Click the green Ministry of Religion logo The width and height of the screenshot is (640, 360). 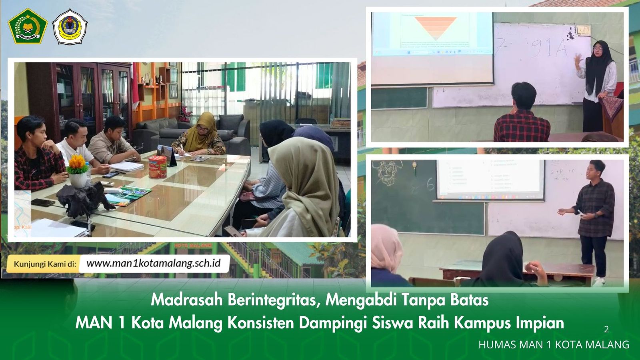point(28,26)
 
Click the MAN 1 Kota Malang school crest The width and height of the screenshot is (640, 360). point(70,27)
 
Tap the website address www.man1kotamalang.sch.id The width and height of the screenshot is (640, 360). point(154,264)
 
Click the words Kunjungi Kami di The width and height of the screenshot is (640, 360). point(45,264)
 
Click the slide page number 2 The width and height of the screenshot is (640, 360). point(606,329)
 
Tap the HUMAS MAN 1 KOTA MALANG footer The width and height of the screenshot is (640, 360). point(554,344)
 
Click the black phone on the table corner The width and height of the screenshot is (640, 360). point(43,202)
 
